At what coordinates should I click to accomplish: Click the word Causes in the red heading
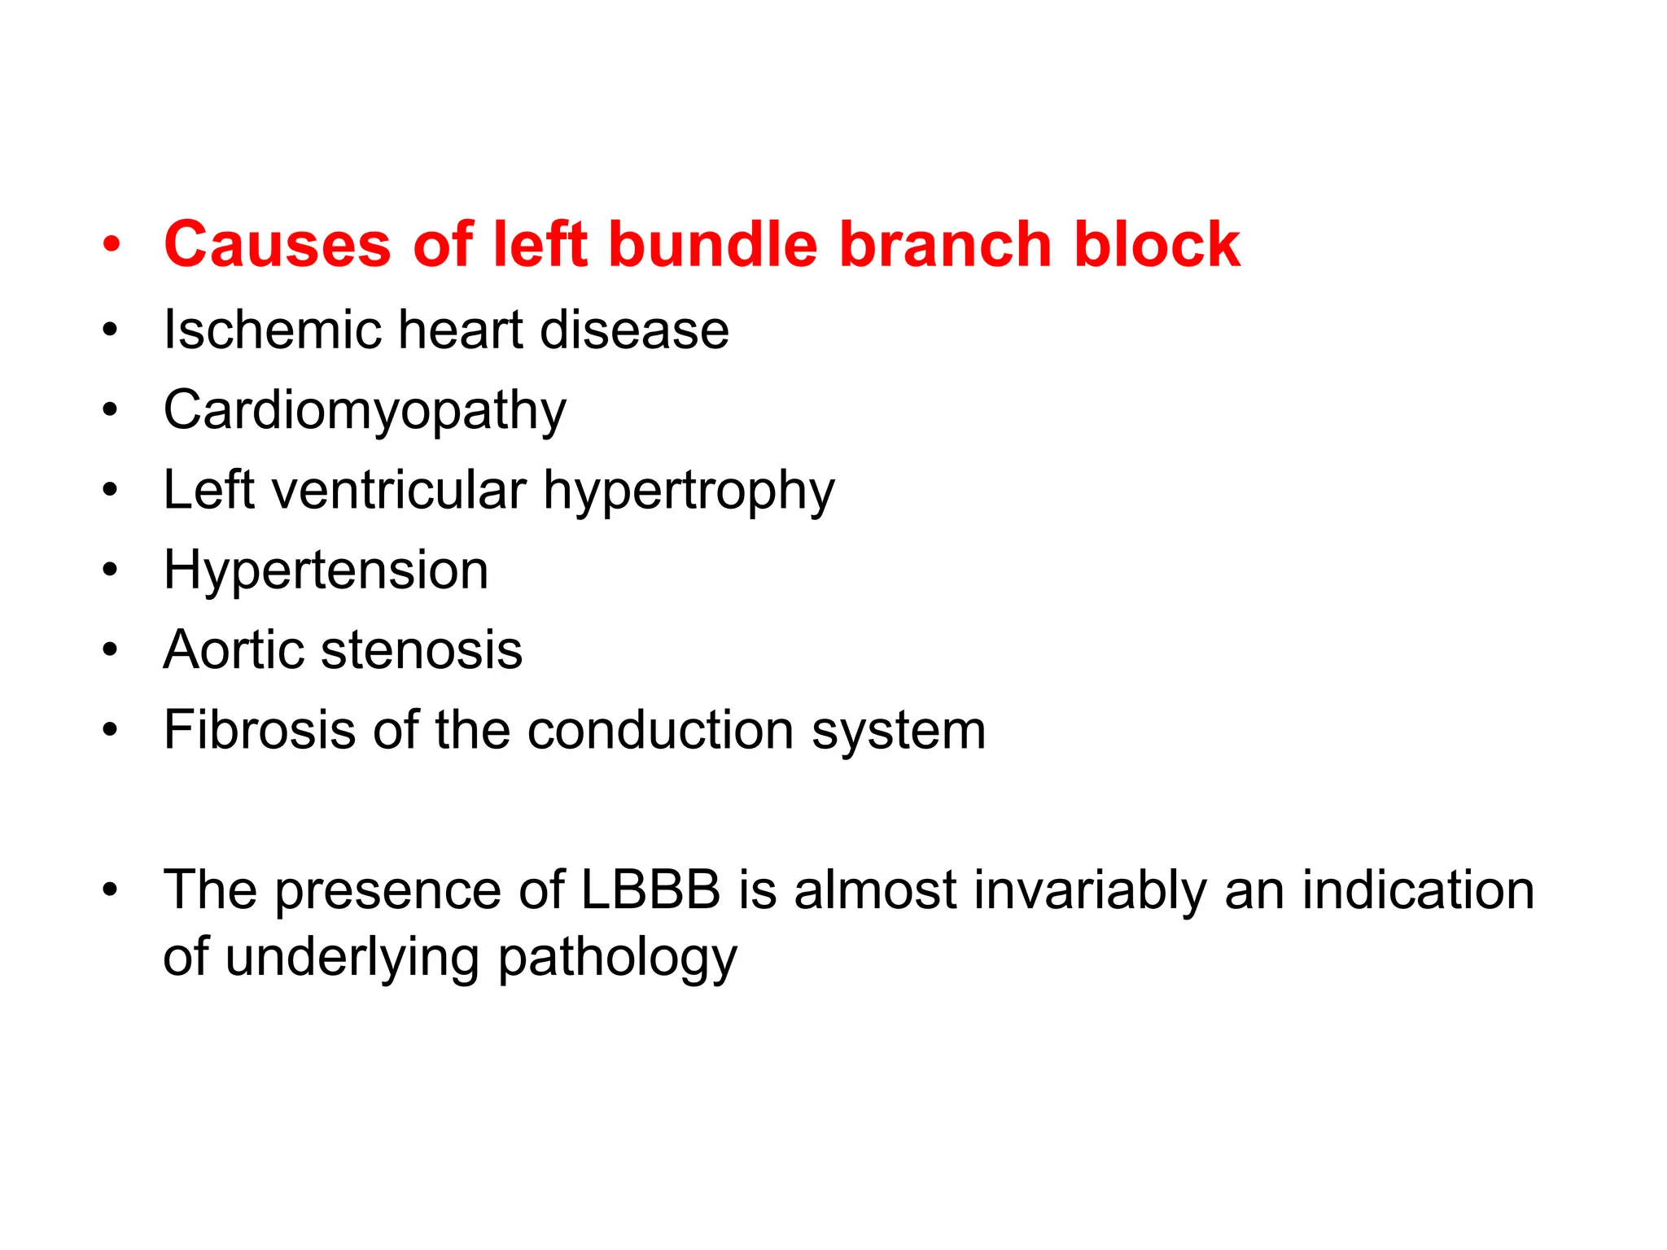277,244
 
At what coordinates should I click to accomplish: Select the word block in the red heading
1157,244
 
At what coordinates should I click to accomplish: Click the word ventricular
399,490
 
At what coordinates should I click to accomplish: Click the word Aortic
235,649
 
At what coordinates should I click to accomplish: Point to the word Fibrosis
260,729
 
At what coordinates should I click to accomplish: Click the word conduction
660,729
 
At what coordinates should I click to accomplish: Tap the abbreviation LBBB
650,889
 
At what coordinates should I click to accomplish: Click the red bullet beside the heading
111,244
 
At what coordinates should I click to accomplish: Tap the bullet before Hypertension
111,570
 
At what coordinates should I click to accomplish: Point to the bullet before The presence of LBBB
111,890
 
